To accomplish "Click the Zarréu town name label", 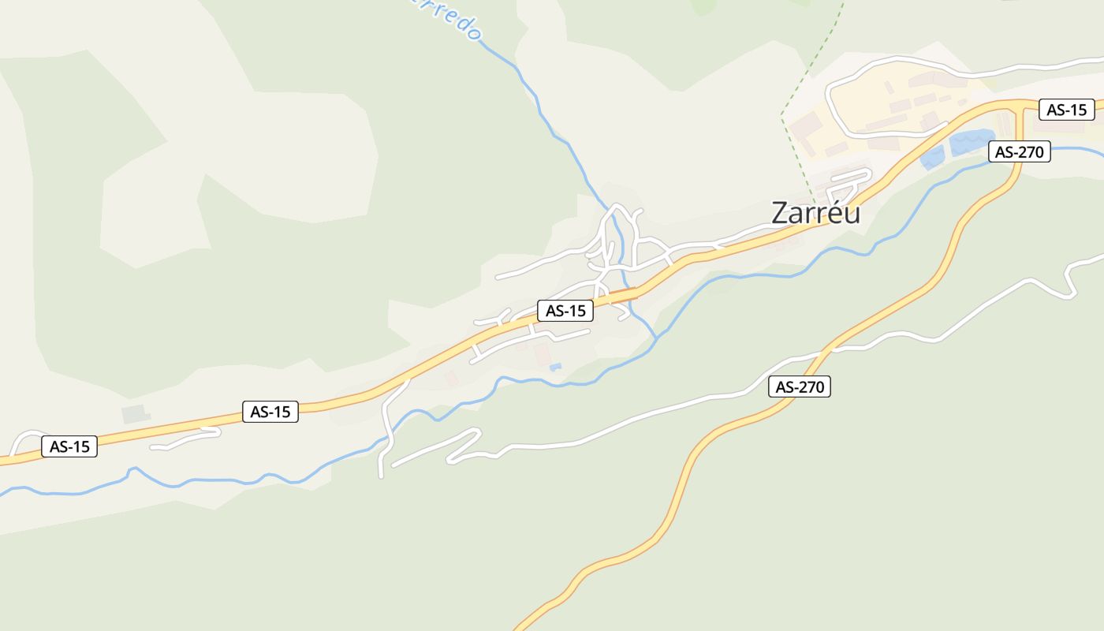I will (815, 213).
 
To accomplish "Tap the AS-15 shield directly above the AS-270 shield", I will (1067, 110).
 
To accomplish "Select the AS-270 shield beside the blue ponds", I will (1020, 151).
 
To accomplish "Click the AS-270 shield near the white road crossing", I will (800, 386).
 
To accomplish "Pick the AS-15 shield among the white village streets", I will (565, 311).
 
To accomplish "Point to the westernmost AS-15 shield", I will (69, 446).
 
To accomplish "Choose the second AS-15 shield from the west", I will (270, 411).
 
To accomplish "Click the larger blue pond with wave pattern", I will (972, 142).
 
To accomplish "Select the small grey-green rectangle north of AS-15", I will (134, 413).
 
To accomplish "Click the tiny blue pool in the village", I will (555, 367).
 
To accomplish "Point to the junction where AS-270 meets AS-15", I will (1023, 105).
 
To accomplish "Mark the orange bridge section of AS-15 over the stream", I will (623, 295).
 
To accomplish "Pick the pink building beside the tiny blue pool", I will (542, 354).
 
